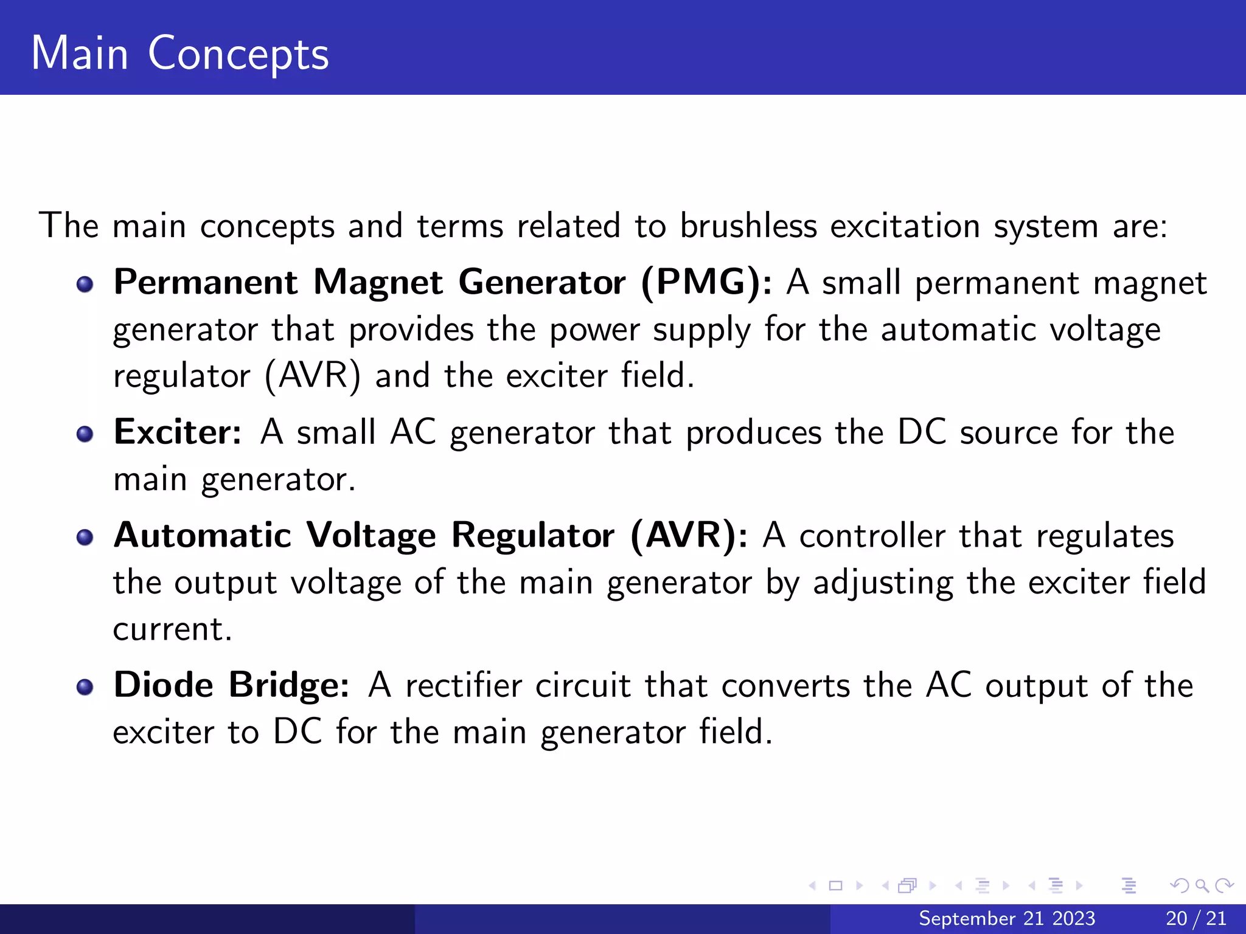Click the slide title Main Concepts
point(180,54)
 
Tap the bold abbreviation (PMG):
point(706,283)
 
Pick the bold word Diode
point(163,685)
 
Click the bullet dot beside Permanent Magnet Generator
point(85,285)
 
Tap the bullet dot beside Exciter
point(85,434)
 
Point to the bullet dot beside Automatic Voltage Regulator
point(85,538)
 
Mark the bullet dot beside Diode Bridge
point(85,687)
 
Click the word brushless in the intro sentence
point(748,226)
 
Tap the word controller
point(872,536)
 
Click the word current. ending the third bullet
point(172,630)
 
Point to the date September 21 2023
point(1007,918)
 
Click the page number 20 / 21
point(1196,918)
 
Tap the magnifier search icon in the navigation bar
point(1202,885)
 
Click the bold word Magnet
point(378,283)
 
